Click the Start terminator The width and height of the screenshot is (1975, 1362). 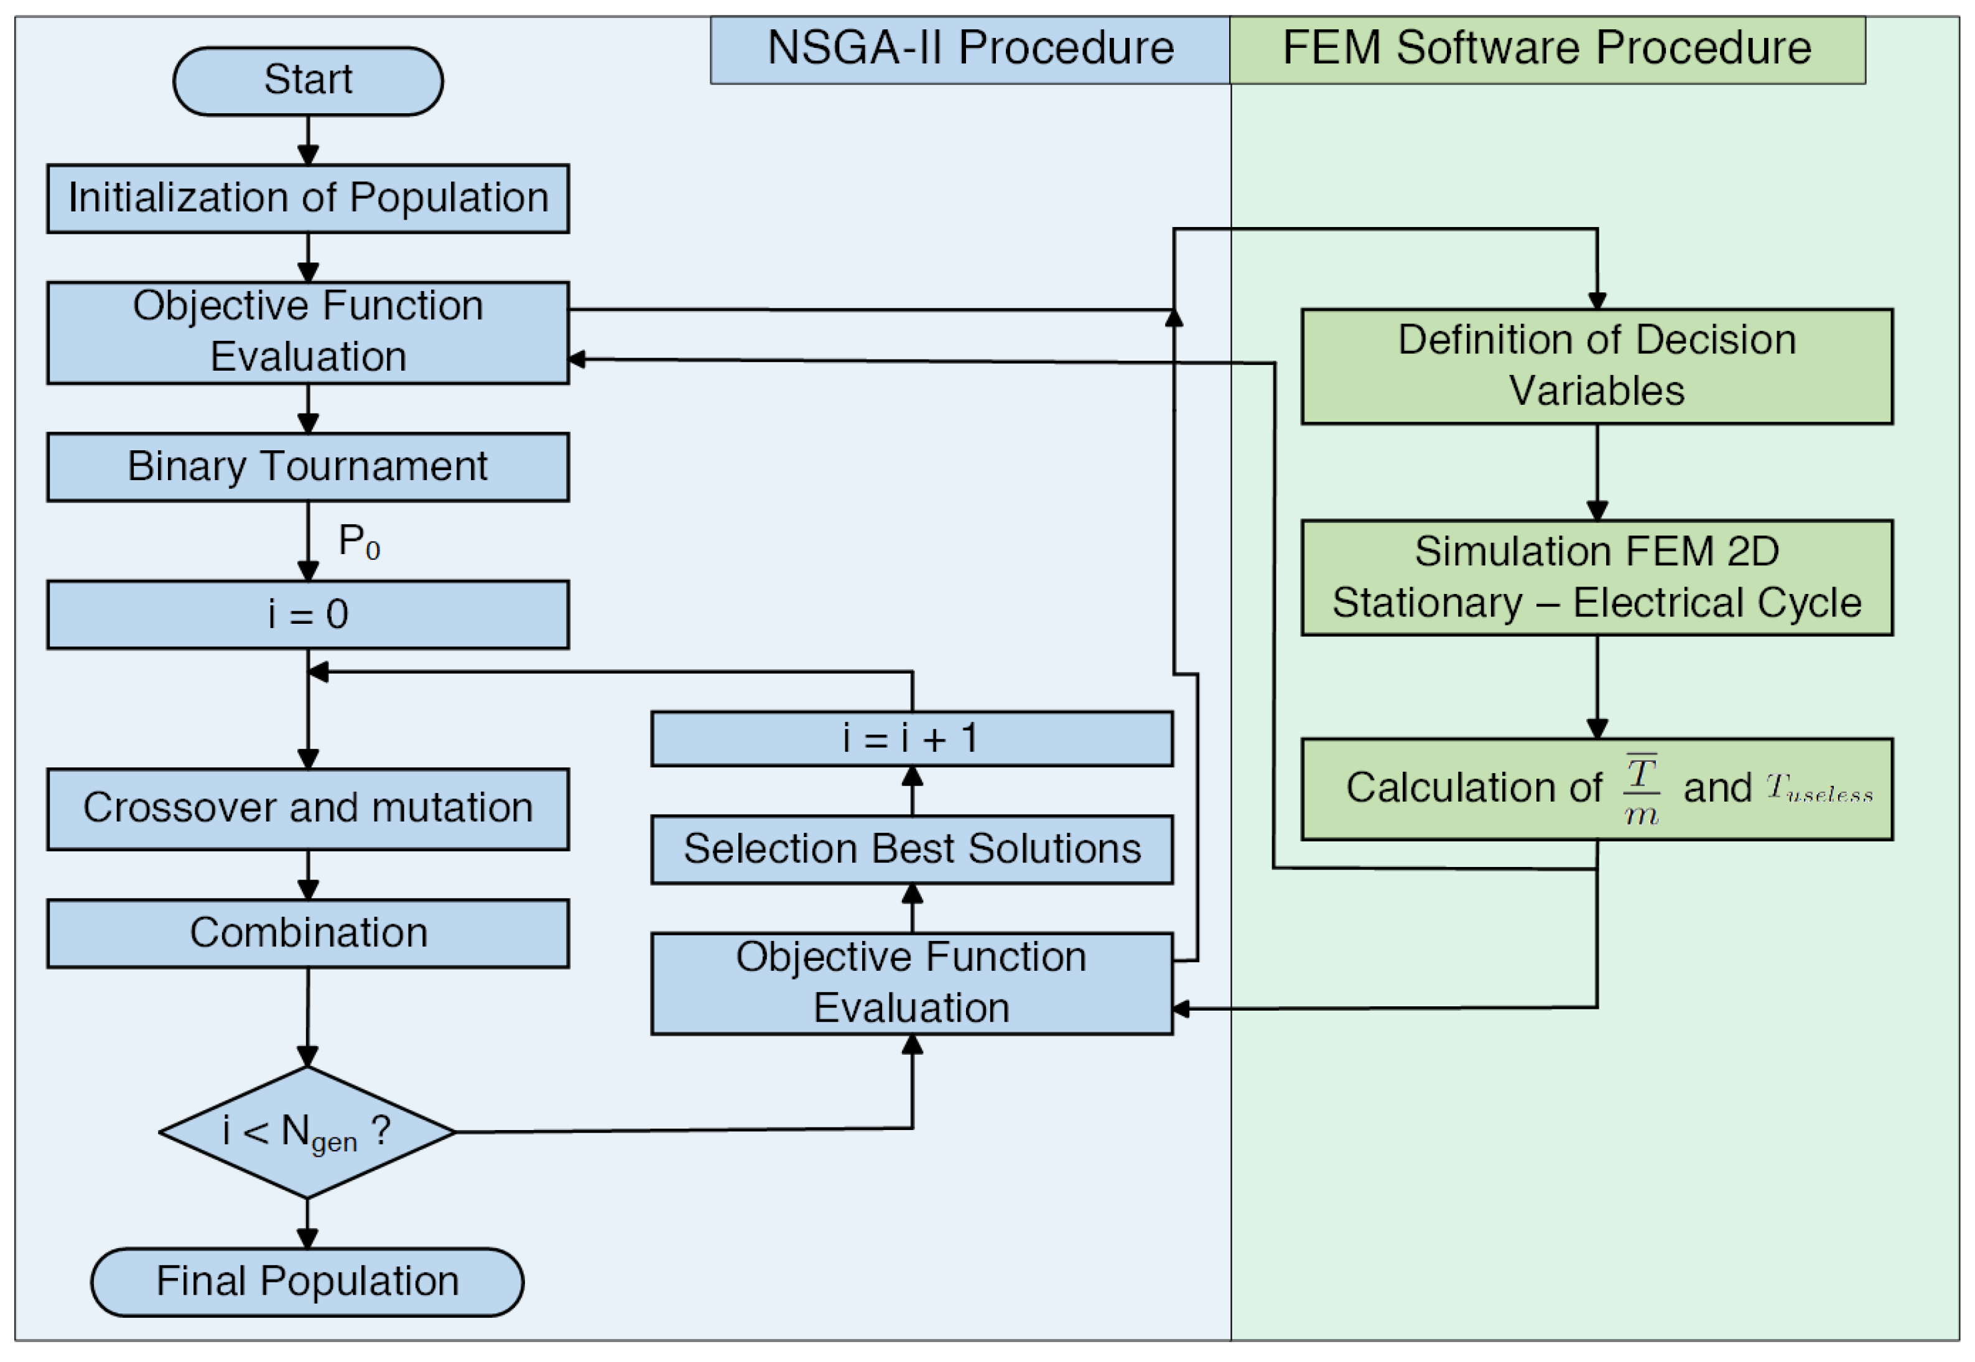click(x=307, y=81)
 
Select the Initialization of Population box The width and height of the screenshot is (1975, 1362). click(x=307, y=198)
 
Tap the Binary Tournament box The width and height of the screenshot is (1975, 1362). click(x=307, y=467)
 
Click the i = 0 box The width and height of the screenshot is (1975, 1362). click(x=307, y=614)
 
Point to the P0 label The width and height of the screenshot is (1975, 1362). click(x=358, y=541)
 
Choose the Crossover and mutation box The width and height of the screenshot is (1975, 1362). click(x=307, y=808)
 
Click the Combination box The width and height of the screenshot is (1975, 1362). click(x=307, y=933)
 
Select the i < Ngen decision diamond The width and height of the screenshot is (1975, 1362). click(x=307, y=1132)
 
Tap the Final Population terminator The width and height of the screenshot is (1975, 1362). click(x=307, y=1282)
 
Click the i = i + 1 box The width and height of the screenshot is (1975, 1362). click(x=911, y=738)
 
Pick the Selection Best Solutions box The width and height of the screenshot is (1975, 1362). click(x=911, y=849)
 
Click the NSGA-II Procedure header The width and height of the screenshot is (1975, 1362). click(x=970, y=49)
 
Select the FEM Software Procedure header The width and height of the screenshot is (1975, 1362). click(x=1546, y=49)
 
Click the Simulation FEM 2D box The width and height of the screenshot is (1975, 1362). click(x=1596, y=578)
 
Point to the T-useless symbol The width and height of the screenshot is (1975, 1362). click(x=1818, y=788)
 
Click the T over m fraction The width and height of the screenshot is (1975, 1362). click(x=1640, y=789)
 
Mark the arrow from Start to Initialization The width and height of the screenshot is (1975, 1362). click(x=307, y=140)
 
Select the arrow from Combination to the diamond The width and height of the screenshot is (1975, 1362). click(x=307, y=1016)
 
